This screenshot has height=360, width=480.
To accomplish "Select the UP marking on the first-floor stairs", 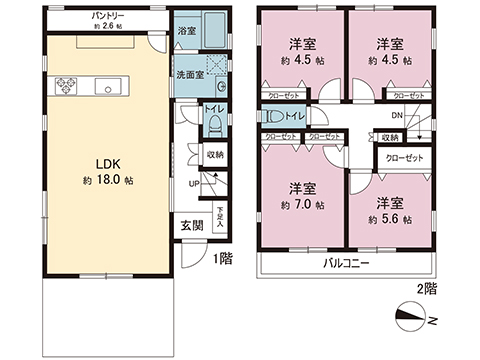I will pyautogui.click(x=193, y=183).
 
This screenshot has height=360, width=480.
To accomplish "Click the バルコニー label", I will pyautogui.click(x=345, y=264).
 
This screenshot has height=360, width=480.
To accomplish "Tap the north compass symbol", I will pyautogui.click(x=417, y=322).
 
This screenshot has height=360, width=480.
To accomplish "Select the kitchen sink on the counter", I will pyautogui.click(x=108, y=85).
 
